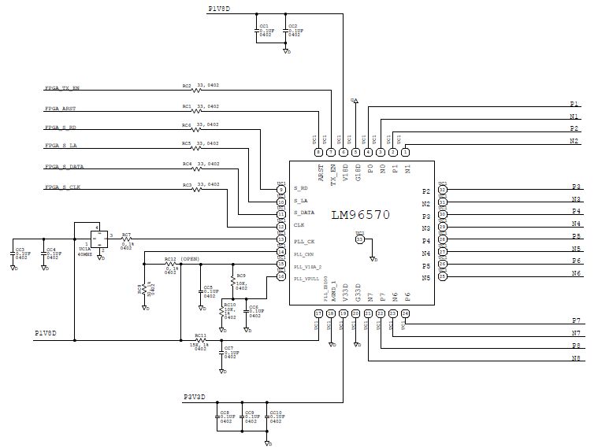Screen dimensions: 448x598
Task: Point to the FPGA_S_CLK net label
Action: pos(62,187)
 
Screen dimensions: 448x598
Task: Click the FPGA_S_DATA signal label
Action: pos(65,167)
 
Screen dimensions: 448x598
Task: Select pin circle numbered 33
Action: pos(360,239)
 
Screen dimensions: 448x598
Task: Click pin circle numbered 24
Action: pos(405,313)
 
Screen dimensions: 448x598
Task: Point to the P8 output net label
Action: pos(575,346)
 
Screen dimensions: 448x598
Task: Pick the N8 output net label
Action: pos(575,359)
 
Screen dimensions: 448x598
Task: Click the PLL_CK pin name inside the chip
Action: pos(304,241)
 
